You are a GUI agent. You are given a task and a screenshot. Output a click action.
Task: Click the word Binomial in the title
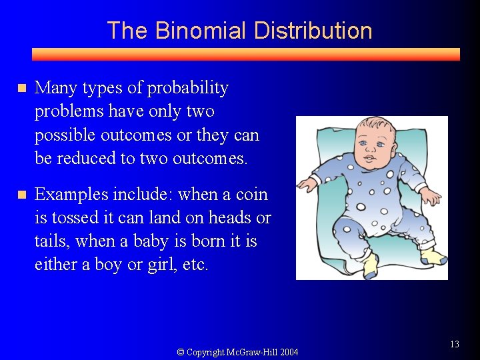[199, 31]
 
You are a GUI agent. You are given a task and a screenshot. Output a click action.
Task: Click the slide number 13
[455, 345]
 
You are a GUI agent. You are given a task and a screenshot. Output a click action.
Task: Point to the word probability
[187, 88]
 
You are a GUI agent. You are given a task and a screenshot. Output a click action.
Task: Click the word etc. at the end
[195, 265]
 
